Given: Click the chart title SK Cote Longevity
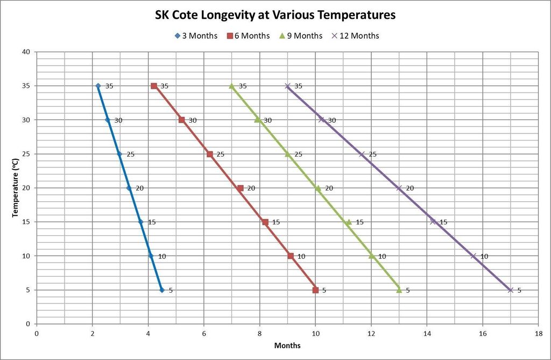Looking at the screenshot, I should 275,15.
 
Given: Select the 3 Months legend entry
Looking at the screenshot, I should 196,36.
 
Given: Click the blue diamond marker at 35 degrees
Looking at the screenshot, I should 98,86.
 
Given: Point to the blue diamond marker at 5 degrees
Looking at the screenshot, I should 162,290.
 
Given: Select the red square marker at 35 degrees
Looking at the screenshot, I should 154,86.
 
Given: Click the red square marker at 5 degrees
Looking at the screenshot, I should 315,290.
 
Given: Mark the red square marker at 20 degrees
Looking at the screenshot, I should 240,188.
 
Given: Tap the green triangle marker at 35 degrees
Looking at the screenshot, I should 232,86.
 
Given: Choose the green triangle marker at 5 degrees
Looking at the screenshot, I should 399,290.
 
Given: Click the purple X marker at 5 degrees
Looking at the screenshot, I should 510,290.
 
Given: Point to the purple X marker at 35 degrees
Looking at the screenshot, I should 287,86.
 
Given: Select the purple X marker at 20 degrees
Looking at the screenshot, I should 399,188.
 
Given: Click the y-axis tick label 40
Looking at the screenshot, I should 26,52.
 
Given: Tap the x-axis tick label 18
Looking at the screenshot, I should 538,333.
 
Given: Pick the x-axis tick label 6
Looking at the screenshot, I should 203,333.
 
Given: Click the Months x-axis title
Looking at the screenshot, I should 287,345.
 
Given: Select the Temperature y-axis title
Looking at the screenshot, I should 15,188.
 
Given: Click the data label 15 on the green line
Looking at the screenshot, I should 360,222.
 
